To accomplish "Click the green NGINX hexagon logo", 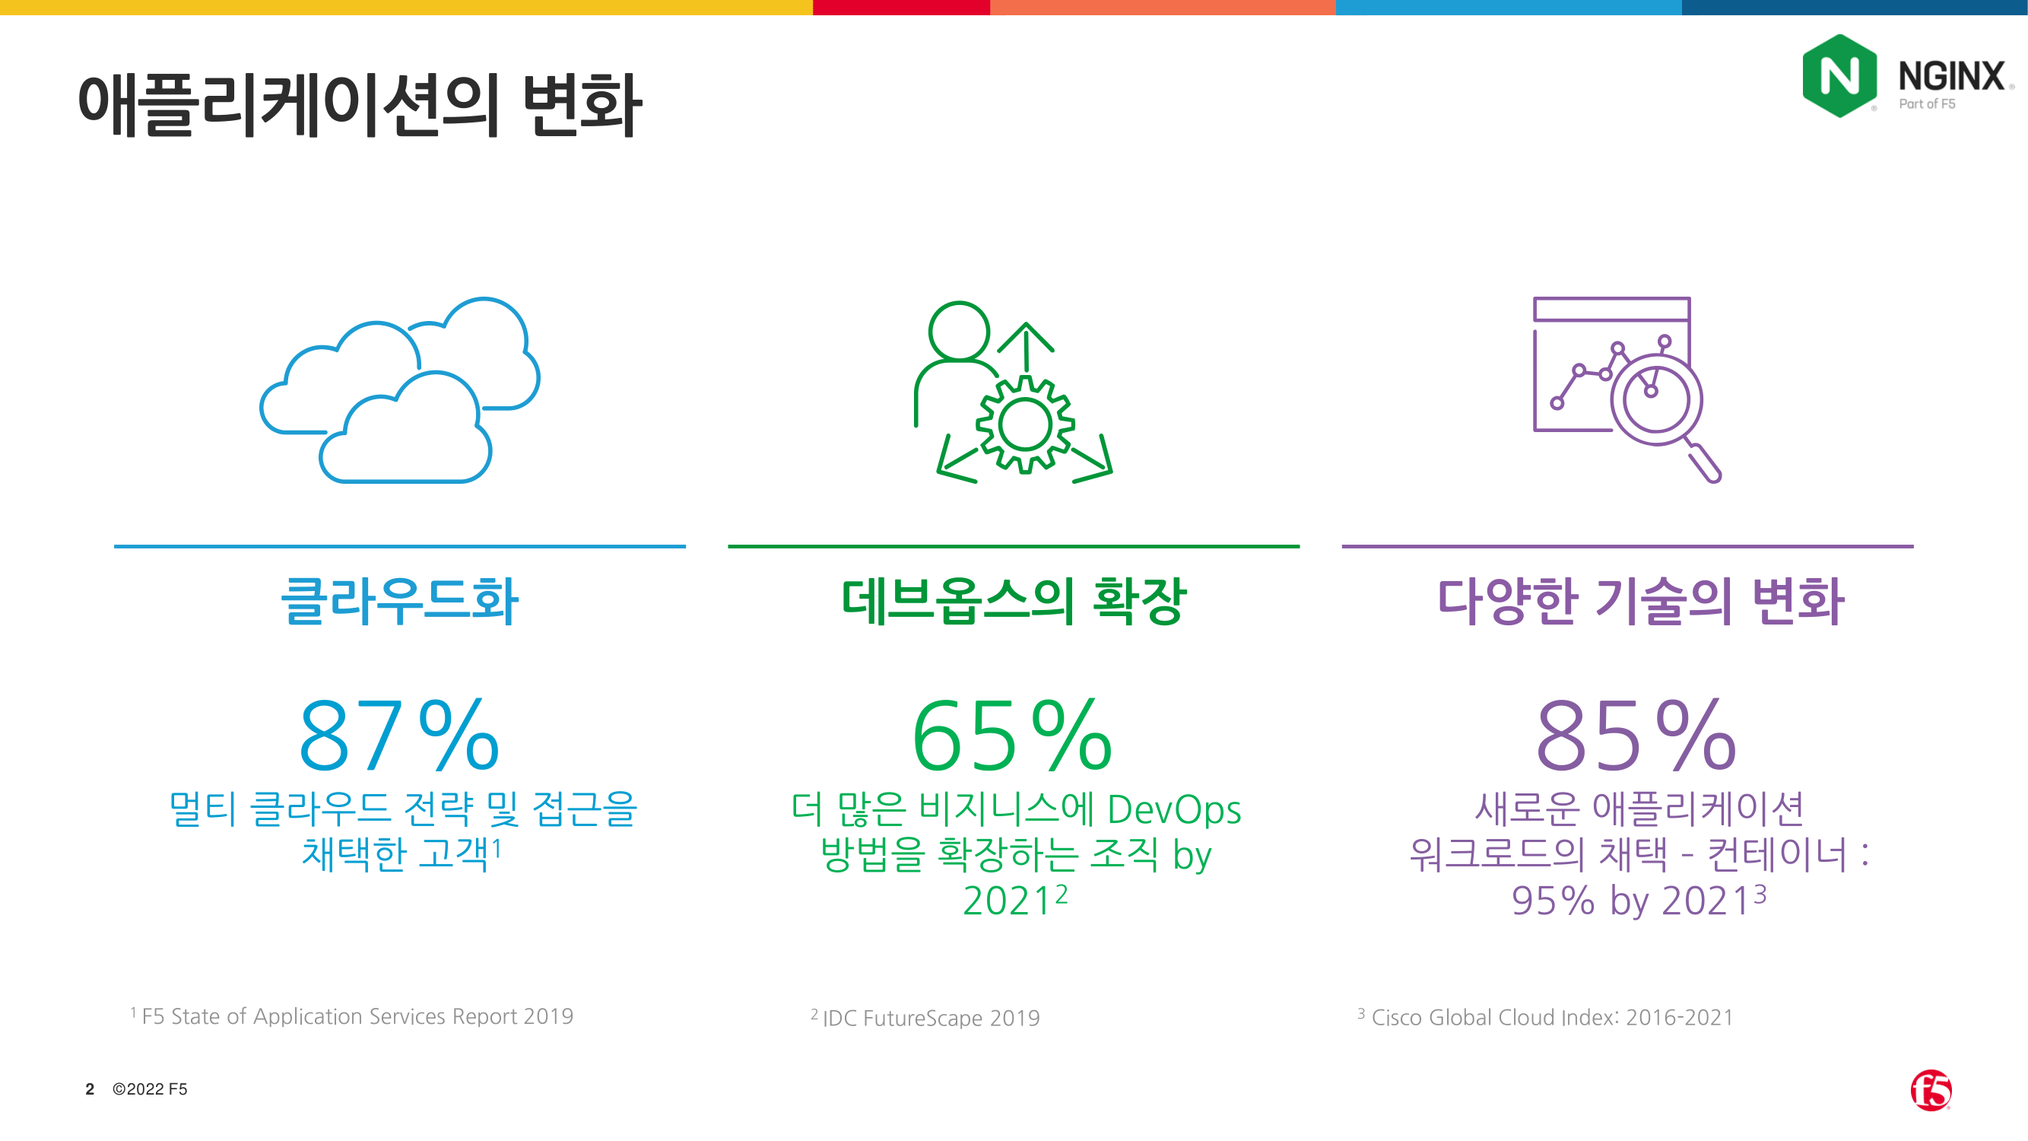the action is point(1840,76).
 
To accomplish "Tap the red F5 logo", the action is point(1931,1090).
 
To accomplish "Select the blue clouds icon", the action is point(400,389).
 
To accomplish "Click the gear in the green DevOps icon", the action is point(1025,424).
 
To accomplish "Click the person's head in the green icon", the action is point(959,332).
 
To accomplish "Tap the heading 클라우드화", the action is point(400,600).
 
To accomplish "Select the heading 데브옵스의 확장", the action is point(1014,600).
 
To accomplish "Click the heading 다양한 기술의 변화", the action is point(1641,600).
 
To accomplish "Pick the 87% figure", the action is point(400,736).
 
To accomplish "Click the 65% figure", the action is point(1013,736).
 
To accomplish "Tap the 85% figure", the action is point(1636,736).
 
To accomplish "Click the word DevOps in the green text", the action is point(1174,809).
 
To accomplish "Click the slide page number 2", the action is point(90,1089).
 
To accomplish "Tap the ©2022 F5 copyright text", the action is point(150,1089).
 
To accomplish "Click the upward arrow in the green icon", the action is point(1026,346).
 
